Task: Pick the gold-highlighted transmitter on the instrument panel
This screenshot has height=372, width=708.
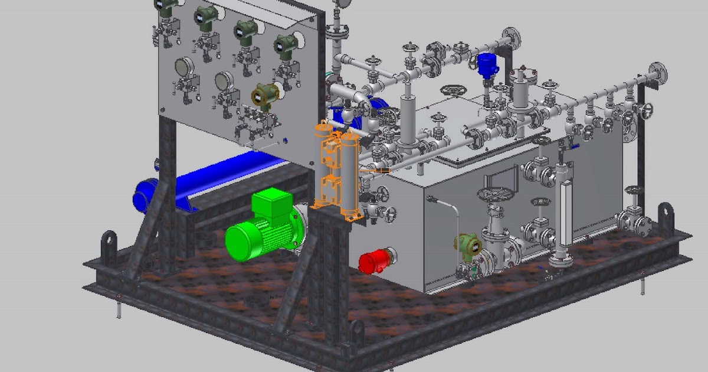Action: click(x=266, y=94)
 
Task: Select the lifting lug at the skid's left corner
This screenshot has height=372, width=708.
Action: click(x=110, y=242)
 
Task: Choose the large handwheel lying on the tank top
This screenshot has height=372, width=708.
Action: click(x=454, y=91)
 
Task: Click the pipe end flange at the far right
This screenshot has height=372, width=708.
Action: click(x=658, y=73)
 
